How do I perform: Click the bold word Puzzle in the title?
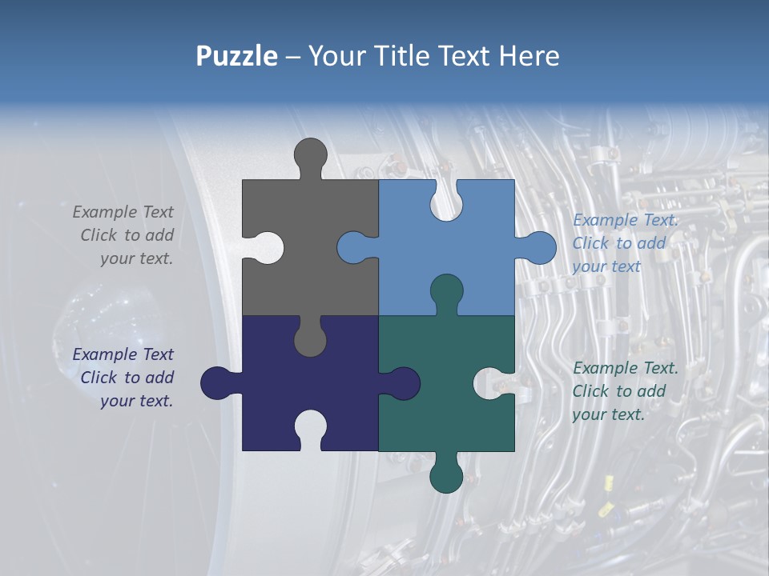click(x=236, y=56)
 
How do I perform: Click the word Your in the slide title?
click(x=336, y=56)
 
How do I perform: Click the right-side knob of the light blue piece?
click(x=538, y=248)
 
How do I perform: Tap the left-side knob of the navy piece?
click(x=217, y=383)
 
